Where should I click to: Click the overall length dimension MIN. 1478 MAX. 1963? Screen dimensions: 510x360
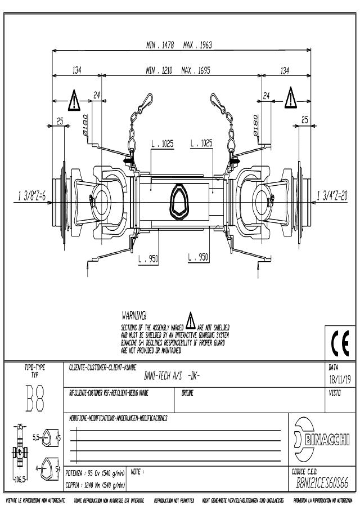(181, 44)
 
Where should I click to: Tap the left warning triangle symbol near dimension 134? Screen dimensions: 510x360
(75, 100)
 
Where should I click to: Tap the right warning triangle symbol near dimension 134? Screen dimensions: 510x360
(290, 97)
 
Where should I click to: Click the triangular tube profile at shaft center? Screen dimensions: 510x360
(181, 200)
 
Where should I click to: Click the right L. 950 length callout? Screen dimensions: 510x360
(198, 257)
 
